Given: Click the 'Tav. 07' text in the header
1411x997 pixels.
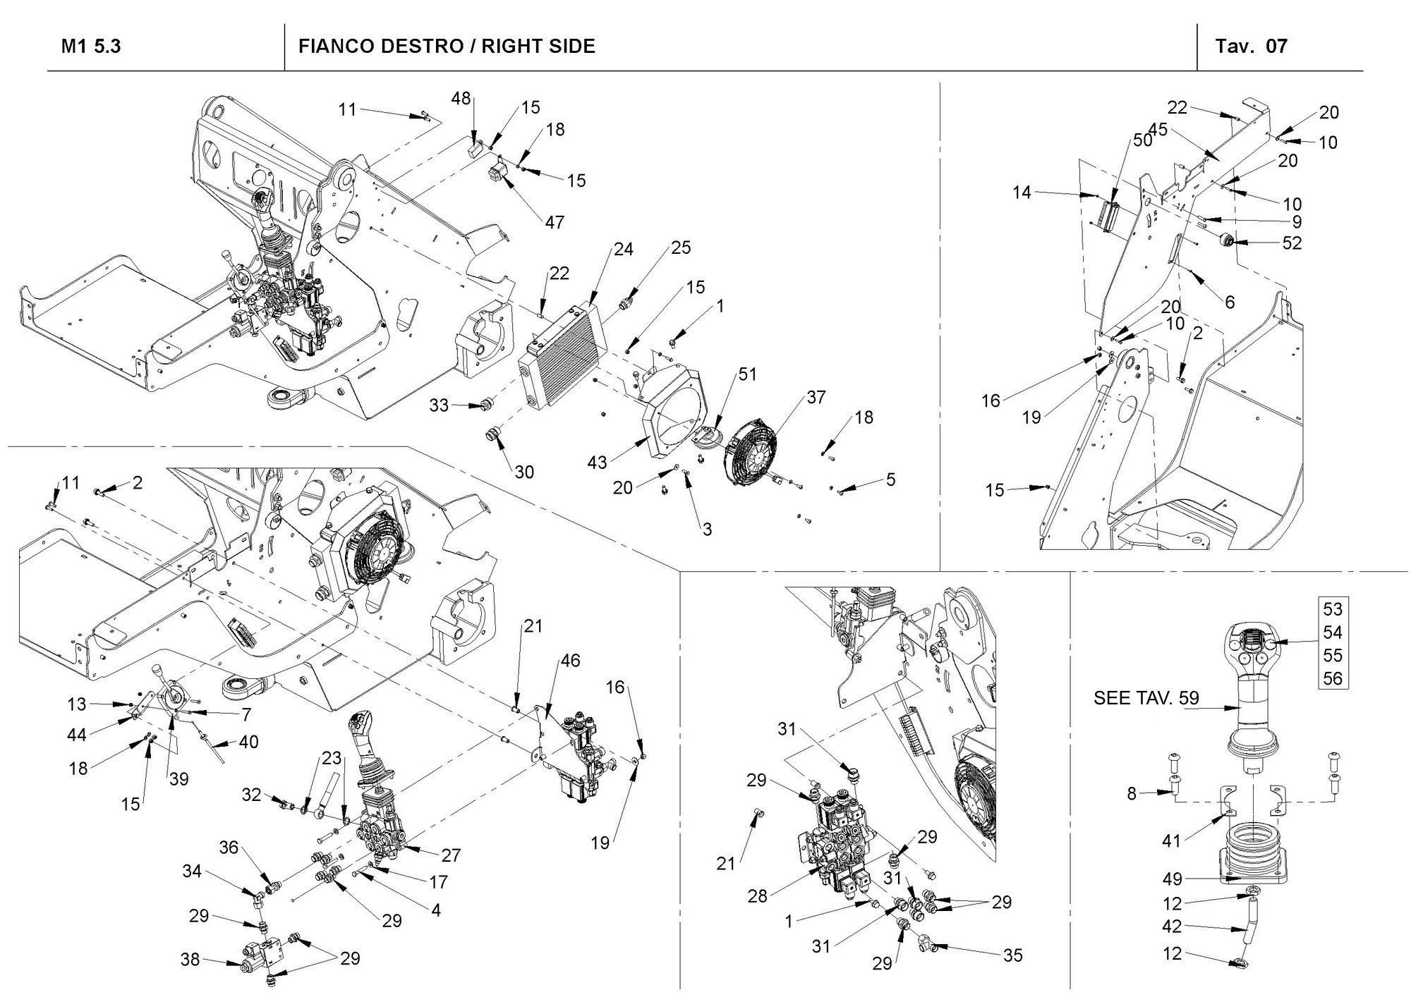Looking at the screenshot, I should pyautogui.click(x=1251, y=47).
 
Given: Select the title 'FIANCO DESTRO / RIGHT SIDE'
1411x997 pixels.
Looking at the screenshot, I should pyautogui.click(x=447, y=47).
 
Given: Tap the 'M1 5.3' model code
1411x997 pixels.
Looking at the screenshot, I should pyautogui.click(x=91, y=47).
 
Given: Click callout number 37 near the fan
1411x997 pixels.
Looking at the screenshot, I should pyautogui.click(x=816, y=397).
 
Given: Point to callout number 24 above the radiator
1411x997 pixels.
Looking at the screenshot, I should pyautogui.click(x=623, y=249).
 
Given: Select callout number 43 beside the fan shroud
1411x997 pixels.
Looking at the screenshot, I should pyautogui.click(x=597, y=463).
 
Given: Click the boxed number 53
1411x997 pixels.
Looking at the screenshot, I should pyautogui.click(x=1332, y=608).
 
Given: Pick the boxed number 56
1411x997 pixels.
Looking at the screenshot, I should pyautogui.click(x=1332, y=678).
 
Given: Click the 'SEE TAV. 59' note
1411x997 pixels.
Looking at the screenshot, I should pyautogui.click(x=1146, y=698).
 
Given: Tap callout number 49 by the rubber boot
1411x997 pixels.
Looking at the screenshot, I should pyautogui.click(x=1172, y=879).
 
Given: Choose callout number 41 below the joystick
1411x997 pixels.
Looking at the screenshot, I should pyautogui.click(x=1172, y=840).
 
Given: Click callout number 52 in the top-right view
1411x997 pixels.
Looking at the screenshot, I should pyautogui.click(x=1292, y=243).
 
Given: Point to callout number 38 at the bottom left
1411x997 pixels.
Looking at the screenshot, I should pyautogui.click(x=190, y=959).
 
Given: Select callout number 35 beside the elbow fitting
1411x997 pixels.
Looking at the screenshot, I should pyautogui.click(x=1012, y=955).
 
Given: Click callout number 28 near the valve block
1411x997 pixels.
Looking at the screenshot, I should pyautogui.click(x=757, y=896).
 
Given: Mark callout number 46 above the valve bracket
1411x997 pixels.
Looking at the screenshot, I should pyautogui.click(x=570, y=661).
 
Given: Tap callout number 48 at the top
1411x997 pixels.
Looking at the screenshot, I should pyautogui.click(x=461, y=99).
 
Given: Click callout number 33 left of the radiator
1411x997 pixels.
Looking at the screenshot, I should pyautogui.click(x=439, y=405).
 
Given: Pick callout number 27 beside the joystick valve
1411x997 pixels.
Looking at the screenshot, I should pyautogui.click(x=451, y=855).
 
